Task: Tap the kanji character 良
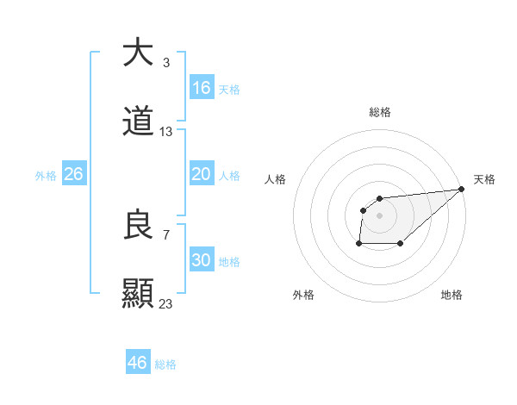click(138, 225)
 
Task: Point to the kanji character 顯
click(138, 294)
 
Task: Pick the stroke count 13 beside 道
click(166, 132)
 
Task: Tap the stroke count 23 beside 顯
click(166, 304)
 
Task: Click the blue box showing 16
click(202, 88)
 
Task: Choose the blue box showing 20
click(202, 174)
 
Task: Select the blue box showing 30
click(202, 260)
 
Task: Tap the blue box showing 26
click(74, 174)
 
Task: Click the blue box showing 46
click(138, 363)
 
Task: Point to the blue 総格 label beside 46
click(165, 364)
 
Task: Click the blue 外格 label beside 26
click(46, 176)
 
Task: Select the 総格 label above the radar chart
click(379, 112)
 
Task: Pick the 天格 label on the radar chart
click(485, 179)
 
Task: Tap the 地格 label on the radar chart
click(452, 295)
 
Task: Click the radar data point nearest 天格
click(461, 189)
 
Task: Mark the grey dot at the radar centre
click(379, 215)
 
